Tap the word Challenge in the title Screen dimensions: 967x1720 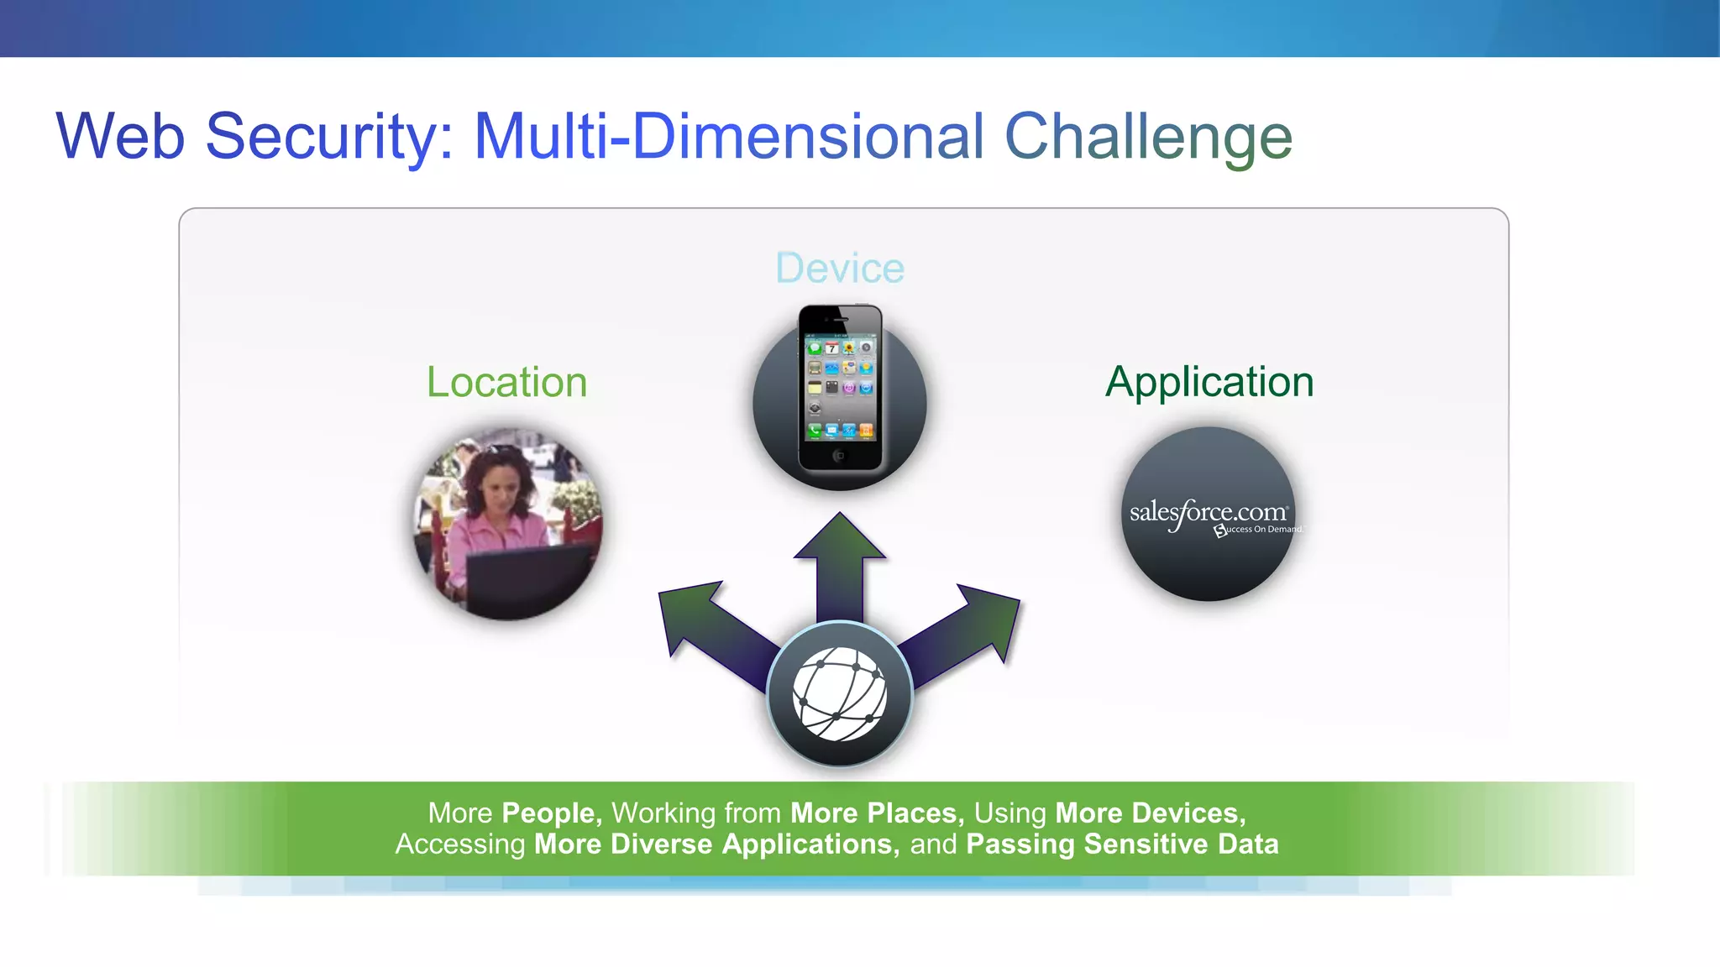[1148, 136]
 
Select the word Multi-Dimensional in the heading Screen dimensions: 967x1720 [728, 136]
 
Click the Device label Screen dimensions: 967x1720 [840, 269]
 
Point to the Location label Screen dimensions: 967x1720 [506, 382]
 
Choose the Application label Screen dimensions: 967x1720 [1209, 382]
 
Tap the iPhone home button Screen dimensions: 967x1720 [839, 456]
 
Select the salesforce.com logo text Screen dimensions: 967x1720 [1208, 512]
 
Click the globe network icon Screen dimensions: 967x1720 [840, 694]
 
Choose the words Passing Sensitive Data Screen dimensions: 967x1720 [1122, 844]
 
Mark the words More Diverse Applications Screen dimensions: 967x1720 [716, 844]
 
